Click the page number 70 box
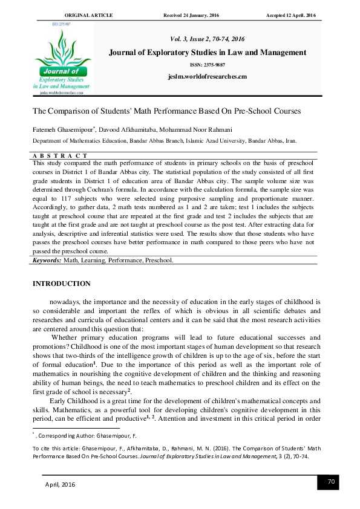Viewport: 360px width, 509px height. tap(331, 481)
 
